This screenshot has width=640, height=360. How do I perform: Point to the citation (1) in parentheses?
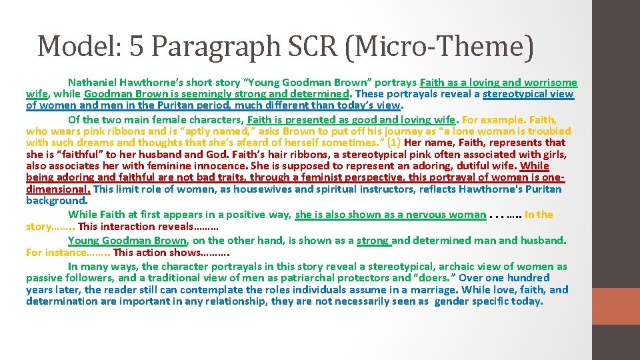coord(393,143)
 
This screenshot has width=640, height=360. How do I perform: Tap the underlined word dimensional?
coord(57,189)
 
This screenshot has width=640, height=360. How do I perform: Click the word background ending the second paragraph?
coord(56,200)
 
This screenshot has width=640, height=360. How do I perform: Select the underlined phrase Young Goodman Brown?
coord(127,241)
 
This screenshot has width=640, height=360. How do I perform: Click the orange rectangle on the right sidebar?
coord(615,305)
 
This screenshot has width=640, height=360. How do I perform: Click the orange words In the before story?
coord(539,215)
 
